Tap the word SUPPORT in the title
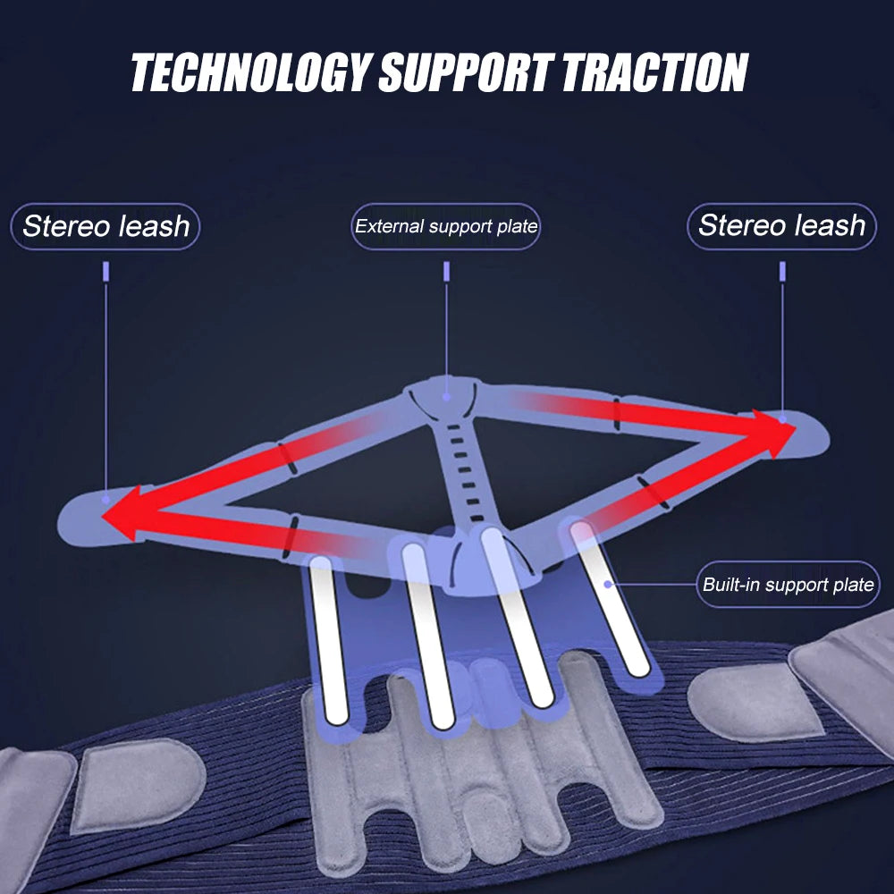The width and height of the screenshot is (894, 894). [467, 72]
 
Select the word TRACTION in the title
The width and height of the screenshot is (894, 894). [655, 72]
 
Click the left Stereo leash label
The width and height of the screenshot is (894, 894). [105, 226]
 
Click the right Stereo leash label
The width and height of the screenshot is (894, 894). [781, 225]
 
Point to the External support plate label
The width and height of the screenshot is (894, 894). [446, 226]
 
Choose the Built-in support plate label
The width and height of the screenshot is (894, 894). [788, 586]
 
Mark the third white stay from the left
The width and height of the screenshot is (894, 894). [517, 617]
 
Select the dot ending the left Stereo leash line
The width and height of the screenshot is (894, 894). [106, 497]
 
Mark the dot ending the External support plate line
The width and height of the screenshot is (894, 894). [445, 397]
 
